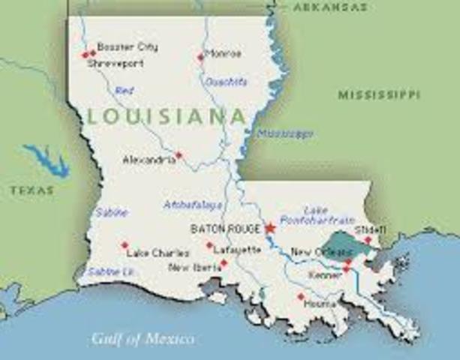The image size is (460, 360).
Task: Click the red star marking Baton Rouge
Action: (270, 227)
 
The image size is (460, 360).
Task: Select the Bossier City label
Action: (128, 46)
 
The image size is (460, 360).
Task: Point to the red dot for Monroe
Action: (200, 56)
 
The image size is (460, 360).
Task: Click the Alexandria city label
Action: (148, 160)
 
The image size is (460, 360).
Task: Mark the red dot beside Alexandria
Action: (179, 156)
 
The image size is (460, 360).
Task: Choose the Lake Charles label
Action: (158, 253)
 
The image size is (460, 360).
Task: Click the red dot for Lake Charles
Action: (125, 245)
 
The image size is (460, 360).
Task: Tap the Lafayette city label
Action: (236, 249)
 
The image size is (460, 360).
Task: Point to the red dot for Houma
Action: (301, 296)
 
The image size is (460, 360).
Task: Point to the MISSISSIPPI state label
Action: (378, 95)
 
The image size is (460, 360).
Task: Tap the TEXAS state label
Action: (32, 190)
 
